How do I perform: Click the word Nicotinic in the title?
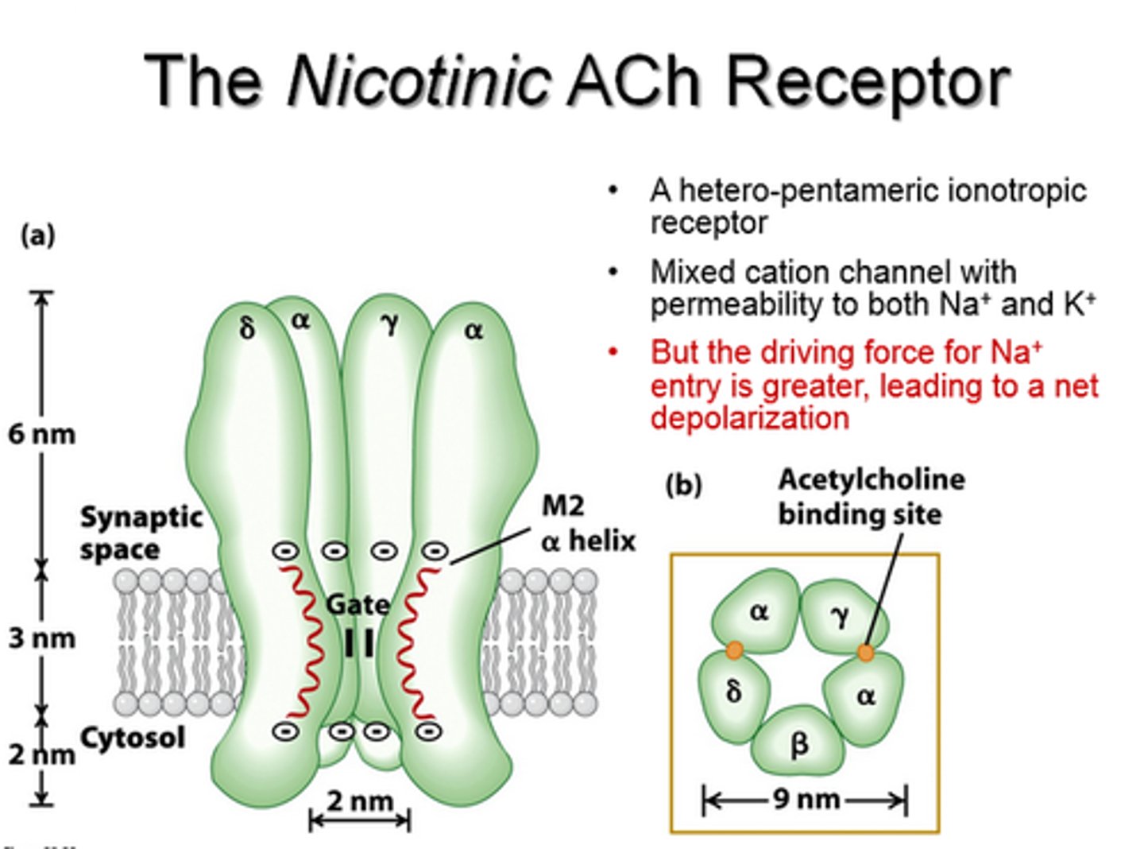[419, 81]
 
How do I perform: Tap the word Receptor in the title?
[868, 81]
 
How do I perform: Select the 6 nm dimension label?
[42, 434]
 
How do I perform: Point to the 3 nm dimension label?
[42, 638]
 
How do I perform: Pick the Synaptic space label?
[141, 533]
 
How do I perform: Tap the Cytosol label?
[133, 737]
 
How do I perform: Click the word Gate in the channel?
[357, 605]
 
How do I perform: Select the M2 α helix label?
[587, 523]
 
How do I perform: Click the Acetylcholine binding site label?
[870, 497]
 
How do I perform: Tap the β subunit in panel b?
[798, 742]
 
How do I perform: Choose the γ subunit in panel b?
[840, 614]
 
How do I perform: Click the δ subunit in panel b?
[733, 690]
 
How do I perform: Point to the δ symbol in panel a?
[247, 328]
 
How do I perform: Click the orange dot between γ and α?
[865, 653]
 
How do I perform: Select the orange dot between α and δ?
[734, 651]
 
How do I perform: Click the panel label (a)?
[37, 235]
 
